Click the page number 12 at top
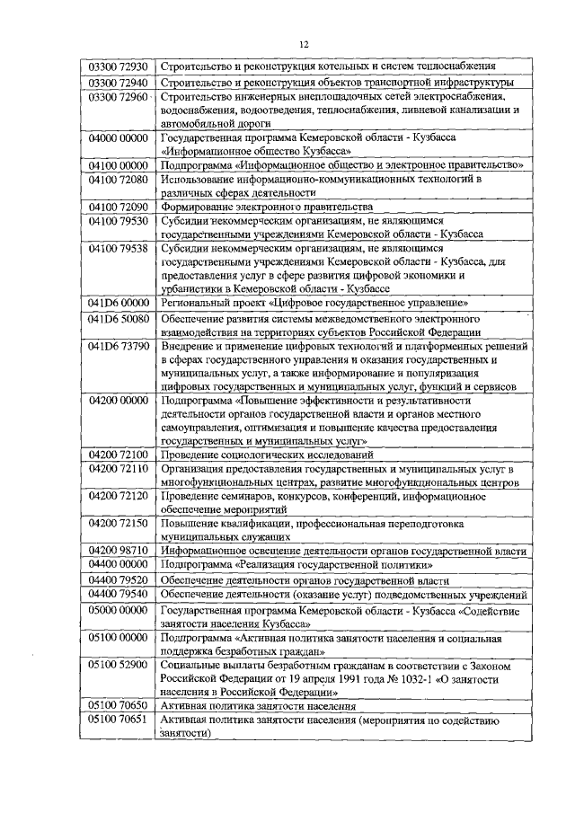[304, 44]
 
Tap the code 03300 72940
[117, 83]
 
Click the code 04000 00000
[117, 138]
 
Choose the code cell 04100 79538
[117, 248]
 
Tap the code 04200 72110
[117, 470]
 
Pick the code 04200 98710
[117, 550]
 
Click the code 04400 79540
[117, 595]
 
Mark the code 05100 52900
[117, 665]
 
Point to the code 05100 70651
[117, 720]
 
